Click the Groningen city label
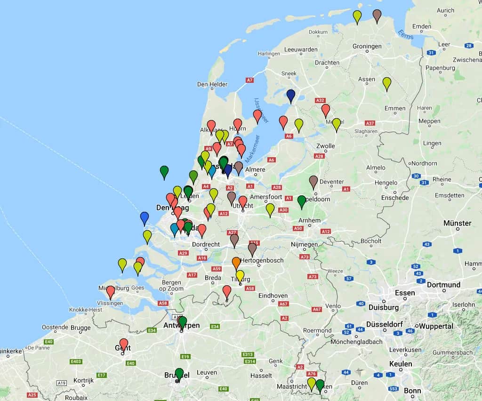367,46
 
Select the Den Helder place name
209,85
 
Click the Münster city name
457,223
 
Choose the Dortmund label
443,285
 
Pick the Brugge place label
81,328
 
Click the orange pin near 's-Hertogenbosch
236,263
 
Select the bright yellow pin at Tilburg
240,276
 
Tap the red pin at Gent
124,344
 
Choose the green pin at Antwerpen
183,321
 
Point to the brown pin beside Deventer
313,181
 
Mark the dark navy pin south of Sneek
291,95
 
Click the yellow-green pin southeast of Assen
387,83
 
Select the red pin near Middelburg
111,291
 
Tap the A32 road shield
321,100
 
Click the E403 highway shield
75,361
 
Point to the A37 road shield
370,123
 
